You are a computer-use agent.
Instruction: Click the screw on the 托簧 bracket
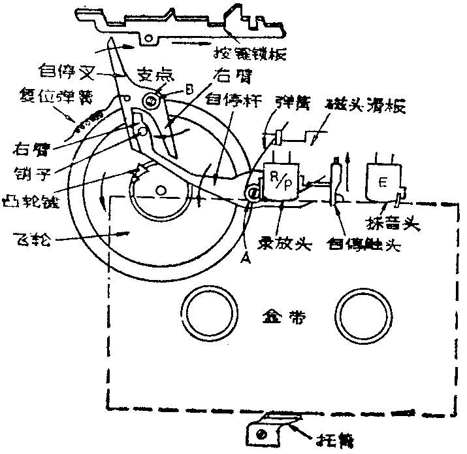[262, 432]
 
